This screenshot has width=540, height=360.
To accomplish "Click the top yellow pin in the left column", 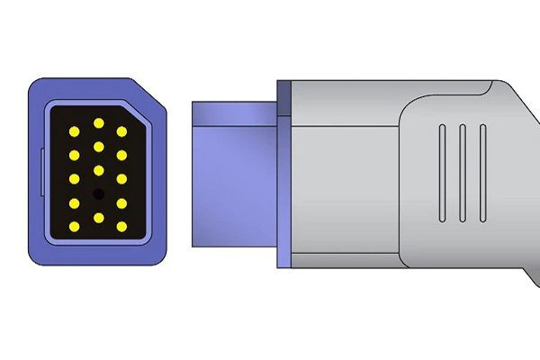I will (74, 132).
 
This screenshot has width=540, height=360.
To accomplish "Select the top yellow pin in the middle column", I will (98, 123).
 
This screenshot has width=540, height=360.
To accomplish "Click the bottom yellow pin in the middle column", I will (98, 217).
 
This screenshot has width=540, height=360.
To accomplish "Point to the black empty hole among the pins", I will (98, 193).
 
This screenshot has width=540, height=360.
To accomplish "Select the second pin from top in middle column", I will (98, 147).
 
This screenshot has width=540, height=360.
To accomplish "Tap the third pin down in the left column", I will (74, 179).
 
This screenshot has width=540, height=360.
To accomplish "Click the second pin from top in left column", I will (74, 156).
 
